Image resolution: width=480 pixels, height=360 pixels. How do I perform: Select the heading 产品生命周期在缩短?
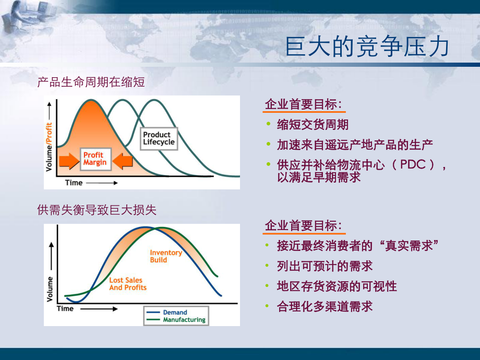click(x=91, y=82)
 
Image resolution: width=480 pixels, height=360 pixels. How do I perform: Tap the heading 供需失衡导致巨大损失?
click(x=97, y=210)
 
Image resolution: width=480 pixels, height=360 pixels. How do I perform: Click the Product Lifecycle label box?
click(x=159, y=138)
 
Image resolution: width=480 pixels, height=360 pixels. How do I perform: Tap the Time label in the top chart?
click(x=74, y=183)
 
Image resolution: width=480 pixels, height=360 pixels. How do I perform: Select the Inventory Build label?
click(x=166, y=256)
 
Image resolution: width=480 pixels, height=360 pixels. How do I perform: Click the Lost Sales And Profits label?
click(x=128, y=284)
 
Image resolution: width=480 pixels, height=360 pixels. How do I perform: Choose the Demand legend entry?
click(x=175, y=313)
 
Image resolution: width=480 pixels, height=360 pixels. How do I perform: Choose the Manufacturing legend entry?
click(x=184, y=320)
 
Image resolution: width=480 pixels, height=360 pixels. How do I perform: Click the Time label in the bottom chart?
click(x=66, y=308)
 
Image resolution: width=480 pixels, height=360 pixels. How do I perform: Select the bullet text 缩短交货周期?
click(x=313, y=125)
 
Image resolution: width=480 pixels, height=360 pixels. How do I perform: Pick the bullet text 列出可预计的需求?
click(x=325, y=266)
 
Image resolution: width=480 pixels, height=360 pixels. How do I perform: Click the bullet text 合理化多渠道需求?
click(x=325, y=306)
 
